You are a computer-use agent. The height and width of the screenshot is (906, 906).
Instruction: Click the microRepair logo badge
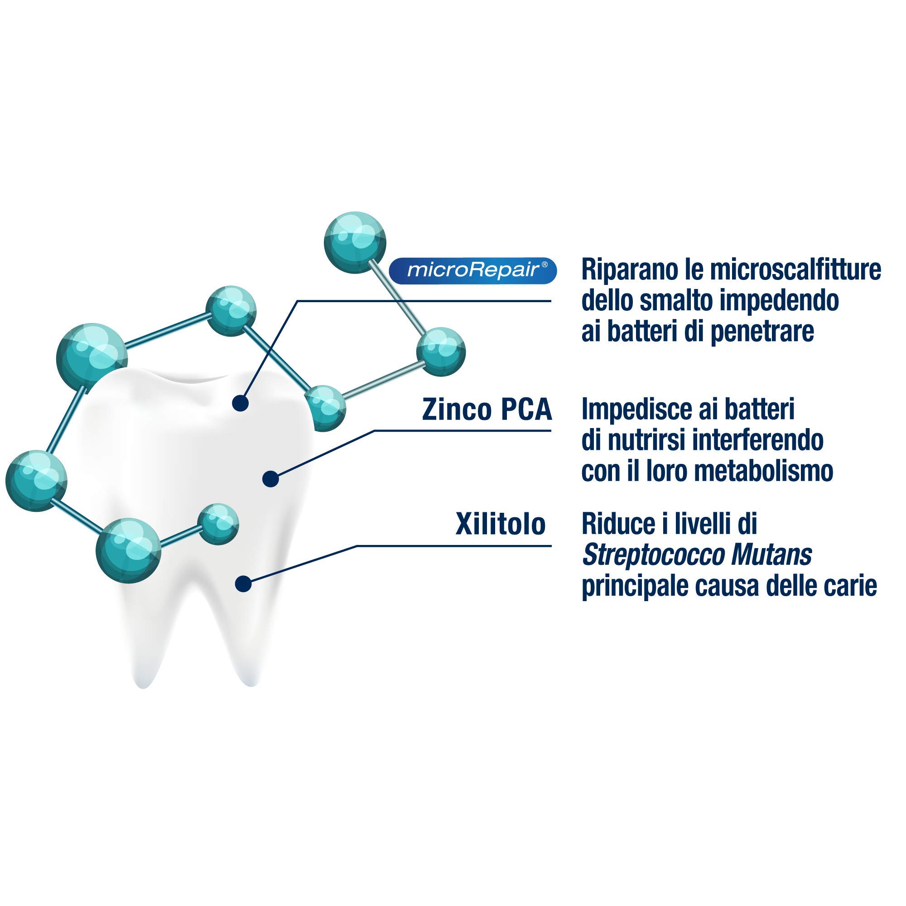point(472,270)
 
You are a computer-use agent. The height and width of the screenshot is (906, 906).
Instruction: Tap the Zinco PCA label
point(487,410)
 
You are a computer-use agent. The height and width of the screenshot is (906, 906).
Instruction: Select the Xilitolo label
point(501,524)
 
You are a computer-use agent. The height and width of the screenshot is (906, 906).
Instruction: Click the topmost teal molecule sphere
point(355,242)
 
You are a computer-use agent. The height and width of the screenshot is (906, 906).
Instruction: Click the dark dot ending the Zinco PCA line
point(270,479)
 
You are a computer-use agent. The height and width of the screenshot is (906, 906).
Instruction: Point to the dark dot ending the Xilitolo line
point(243,584)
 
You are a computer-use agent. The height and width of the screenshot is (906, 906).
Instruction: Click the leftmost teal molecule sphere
point(36,481)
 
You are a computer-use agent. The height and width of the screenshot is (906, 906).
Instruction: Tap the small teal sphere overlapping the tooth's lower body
point(218,524)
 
